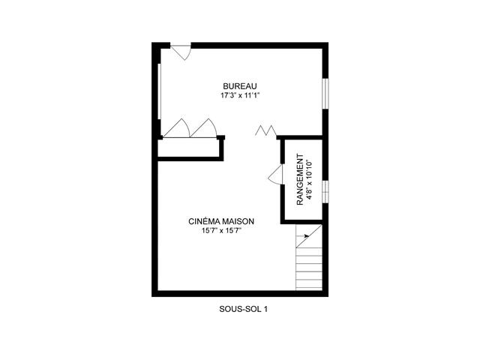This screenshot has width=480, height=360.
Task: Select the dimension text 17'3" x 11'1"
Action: click(239, 96)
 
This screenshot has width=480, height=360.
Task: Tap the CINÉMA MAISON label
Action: click(221, 221)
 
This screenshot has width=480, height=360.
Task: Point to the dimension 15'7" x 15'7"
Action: click(221, 232)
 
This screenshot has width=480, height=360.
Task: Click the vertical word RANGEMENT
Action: click(300, 181)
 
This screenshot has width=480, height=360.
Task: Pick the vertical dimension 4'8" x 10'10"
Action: click(309, 181)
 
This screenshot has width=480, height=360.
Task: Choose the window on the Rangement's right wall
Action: click(326, 191)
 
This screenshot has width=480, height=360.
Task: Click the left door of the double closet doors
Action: click(178, 129)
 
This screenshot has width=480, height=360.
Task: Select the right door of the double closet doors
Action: click(202, 129)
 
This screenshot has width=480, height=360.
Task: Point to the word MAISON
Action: click(236, 221)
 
